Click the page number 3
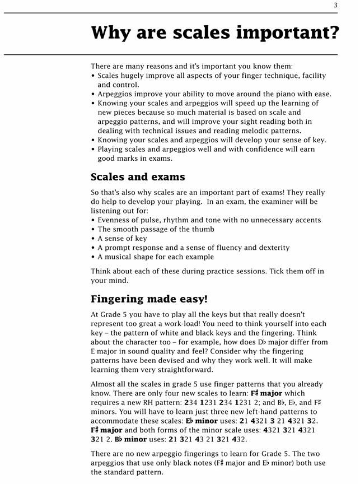tap(336, 6)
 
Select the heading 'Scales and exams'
tap(138, 177)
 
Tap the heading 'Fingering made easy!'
tap(149, 299)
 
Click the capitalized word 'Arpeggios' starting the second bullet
tap(116, 94)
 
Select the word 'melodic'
tap(254, 131)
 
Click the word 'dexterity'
tap(272, 248)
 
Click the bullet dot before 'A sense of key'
tap(93, 239)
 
